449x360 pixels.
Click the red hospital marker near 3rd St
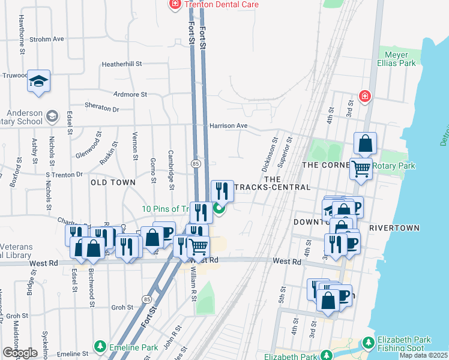click(x=364, y=96)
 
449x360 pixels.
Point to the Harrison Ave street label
click(x=229, y=126)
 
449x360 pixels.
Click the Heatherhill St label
click(x=121, y=64)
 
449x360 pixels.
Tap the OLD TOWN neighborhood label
click(x=112, y=181)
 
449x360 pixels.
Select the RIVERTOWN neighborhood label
click(x=394, y=229)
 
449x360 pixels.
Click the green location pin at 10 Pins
click(x=219, y=209)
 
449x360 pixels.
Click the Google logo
click(x=20, y=352)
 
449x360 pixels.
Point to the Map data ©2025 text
click(x=423, y=355)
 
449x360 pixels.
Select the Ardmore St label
click(x=130, y=95)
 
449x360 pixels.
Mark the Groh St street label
click(x=122, y=307)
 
